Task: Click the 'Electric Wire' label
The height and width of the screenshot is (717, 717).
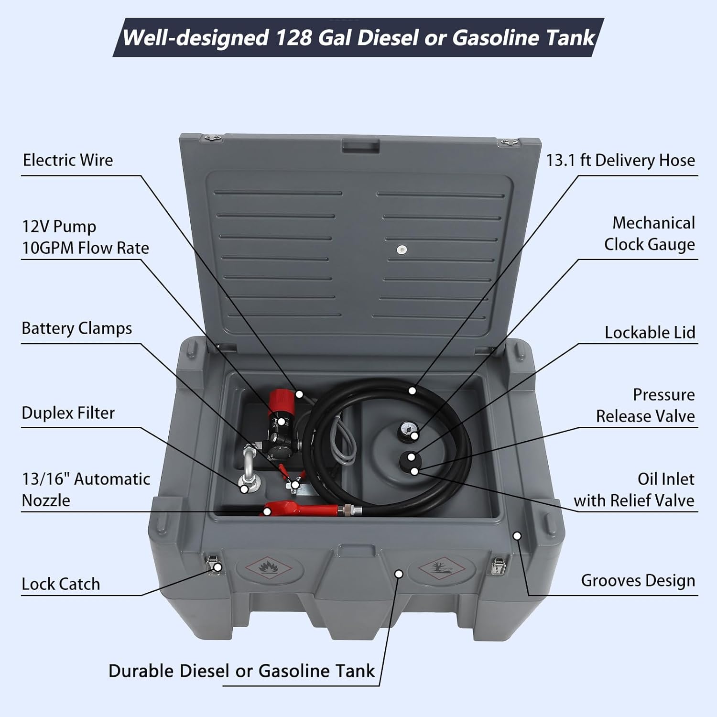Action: (68, 160)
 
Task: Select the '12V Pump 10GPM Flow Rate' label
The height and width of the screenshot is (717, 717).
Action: (85, 237)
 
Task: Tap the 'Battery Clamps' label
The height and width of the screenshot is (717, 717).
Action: (76, 328)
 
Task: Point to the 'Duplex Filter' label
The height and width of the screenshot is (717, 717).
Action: (68, 413)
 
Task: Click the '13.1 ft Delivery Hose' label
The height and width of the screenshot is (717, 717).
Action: (620, 160)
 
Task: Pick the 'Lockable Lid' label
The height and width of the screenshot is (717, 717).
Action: (649, 332)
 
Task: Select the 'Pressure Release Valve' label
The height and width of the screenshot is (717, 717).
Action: (645, 405)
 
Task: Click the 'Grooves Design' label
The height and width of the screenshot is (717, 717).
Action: (638, 580)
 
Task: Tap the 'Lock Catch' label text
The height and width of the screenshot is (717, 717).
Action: (61, 584)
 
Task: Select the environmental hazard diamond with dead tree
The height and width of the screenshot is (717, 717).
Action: (441, 568)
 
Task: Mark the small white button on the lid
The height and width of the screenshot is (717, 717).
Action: (402, 249)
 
